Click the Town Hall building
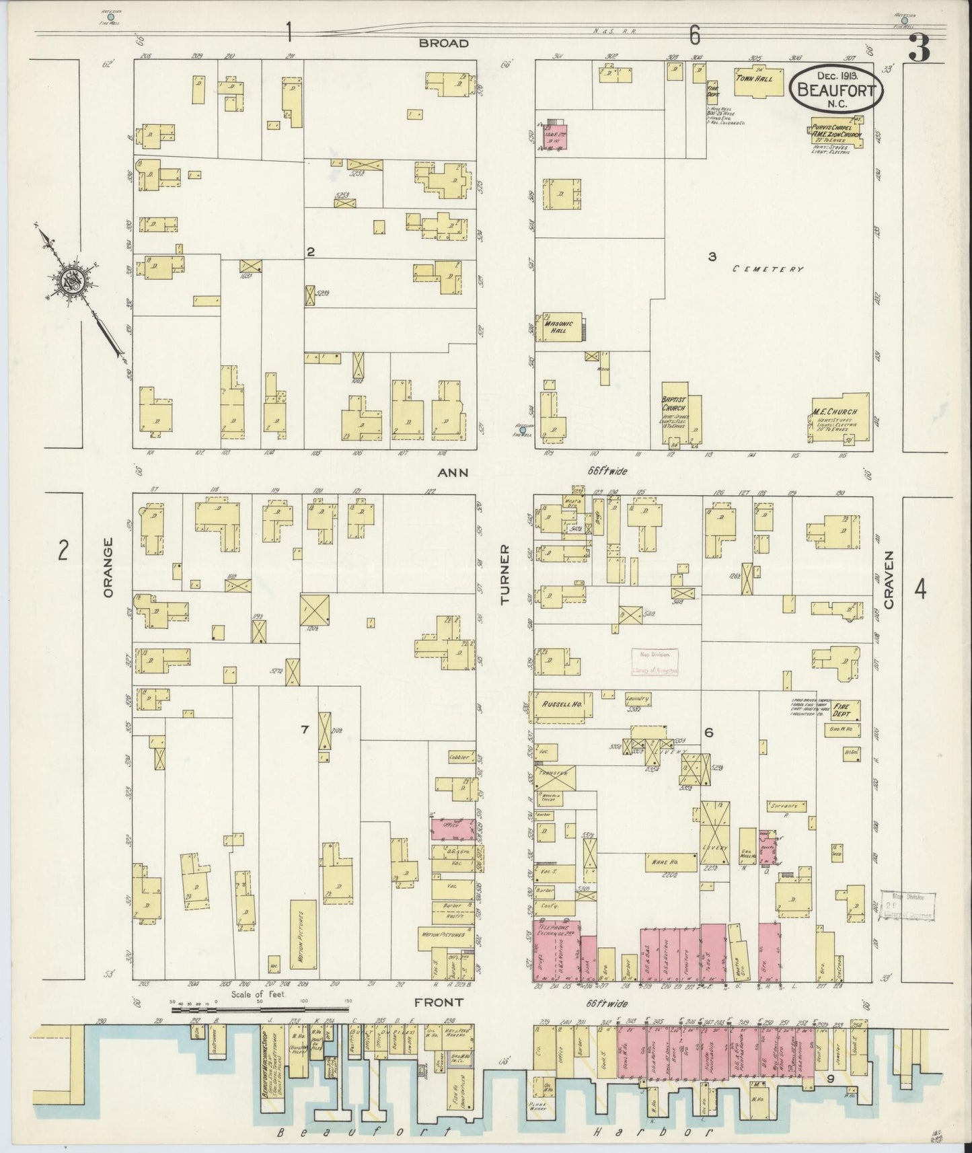[x=760, y=80]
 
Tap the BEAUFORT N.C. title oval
[x=835, y=88]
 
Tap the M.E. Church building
[x=841, y=416]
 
